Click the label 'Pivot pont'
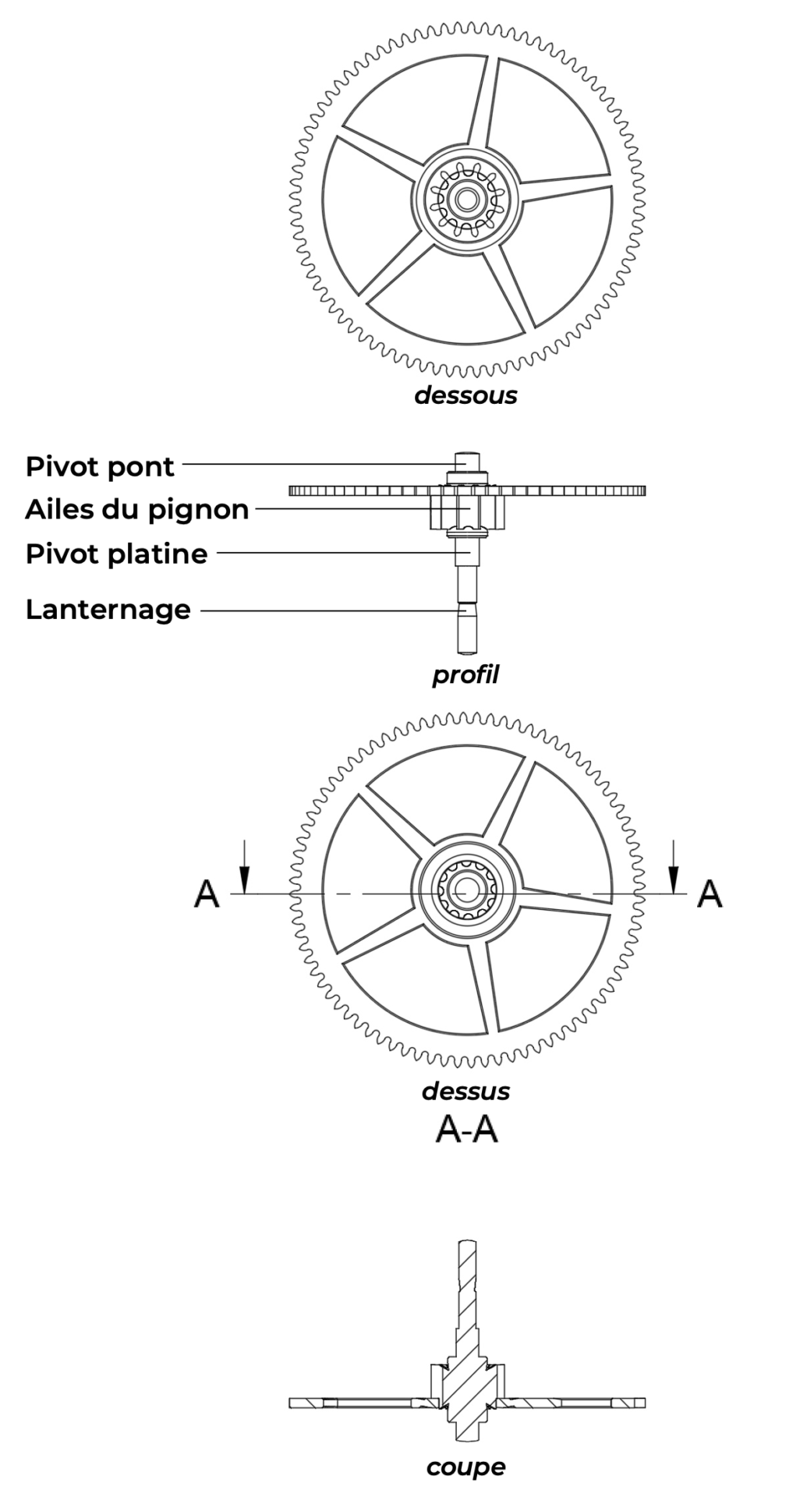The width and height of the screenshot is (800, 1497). click(x=100, y=466)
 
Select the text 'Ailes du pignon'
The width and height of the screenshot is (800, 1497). click(x=136, y=509)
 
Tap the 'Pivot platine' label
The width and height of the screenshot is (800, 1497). click(x=116, y=554)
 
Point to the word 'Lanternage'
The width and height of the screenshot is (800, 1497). click(x=108, y=609)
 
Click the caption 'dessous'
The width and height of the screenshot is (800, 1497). click(x=465, y=395)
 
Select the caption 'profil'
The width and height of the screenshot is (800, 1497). click(x=465, y=674)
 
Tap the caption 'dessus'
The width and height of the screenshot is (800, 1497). click(x=465, y=1091)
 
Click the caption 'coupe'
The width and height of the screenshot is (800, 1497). click(x=465, y=1467)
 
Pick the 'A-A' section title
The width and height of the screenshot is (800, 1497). click(x=466, y=1128)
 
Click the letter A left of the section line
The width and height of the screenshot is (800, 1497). click(x=207, y=894)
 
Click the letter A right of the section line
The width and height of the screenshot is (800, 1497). click(x=710, y=894)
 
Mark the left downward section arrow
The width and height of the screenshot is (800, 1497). click(x=245, y=867)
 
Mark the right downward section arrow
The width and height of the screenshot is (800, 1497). click(x=674, y=867)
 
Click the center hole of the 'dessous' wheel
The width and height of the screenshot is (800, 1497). click(x=467, y=200)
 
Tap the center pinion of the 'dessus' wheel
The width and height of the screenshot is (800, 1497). click(x=466, y=890)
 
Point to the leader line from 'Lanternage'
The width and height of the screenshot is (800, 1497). click(x=327, y=610)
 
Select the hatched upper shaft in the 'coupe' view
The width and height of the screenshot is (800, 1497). click(x=466, y=1294)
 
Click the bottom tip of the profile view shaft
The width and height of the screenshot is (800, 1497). click(x=466, y=648)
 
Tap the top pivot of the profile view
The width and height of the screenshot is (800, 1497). click(x=466, y=458)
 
